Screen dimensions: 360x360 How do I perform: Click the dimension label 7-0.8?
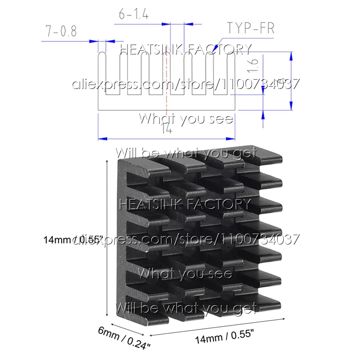(61, 32)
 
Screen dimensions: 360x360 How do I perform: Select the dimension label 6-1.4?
(134, 15)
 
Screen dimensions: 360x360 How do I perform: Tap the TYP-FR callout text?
(251, 28)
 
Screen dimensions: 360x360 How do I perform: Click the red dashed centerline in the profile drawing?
(166, 83)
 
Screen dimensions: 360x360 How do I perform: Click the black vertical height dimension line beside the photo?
(107, 238)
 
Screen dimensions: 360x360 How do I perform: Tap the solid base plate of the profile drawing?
(166, 103)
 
